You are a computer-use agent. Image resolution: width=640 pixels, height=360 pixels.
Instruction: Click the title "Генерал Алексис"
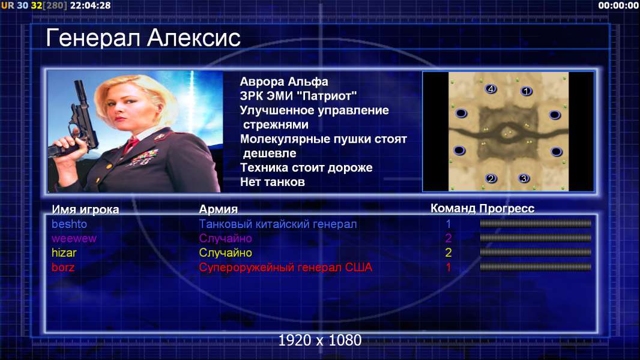[x=143, y=38]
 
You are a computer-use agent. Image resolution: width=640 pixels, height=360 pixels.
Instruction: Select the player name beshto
[x=70, y=224]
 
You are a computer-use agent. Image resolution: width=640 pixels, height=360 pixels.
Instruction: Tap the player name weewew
[x=74, y=239]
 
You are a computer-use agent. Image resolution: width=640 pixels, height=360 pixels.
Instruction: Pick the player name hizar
[x=64, y=253]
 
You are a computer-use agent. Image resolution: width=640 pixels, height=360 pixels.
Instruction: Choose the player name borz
[x=63, y=268]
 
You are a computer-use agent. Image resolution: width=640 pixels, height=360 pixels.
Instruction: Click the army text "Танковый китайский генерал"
[x=278, y=224]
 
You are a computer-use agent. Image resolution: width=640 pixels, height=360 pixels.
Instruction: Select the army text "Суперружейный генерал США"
[x=286, y=268]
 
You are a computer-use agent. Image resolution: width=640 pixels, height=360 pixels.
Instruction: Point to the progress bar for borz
[x=536, y=267]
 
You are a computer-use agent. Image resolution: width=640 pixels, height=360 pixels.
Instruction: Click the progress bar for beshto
[x=536, y=223]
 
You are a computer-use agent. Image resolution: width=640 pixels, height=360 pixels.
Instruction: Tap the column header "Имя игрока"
[x=85, y=209]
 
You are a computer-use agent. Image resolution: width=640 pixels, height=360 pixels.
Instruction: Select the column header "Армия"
[x=219, y=209]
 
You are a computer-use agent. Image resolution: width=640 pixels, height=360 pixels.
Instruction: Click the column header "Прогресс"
[x=507, y=208]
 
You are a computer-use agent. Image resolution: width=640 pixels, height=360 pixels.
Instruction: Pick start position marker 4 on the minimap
[x=491, y=88]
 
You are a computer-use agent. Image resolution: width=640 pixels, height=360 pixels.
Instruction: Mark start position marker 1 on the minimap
[x=527, y=91]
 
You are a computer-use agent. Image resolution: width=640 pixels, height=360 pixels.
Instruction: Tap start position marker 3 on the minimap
[x=524, y=178]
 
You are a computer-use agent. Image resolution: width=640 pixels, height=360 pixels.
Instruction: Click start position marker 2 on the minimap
[x=491, y=178]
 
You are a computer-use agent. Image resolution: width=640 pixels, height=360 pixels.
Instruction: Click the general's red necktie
[x=131, y=145]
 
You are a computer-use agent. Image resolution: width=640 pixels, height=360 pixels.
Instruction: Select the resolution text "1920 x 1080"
[x=320, y=340]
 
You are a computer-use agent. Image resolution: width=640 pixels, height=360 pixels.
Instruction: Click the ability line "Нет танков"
[x=273, y=182]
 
